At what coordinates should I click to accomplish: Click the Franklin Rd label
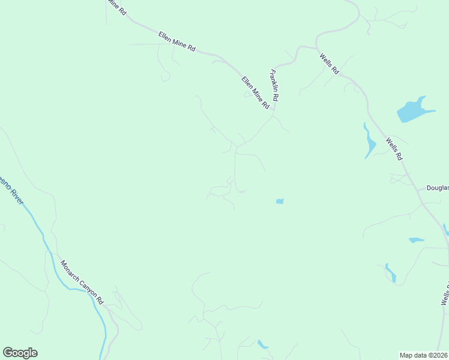click(275, 85)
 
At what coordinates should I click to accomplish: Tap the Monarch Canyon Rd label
click(82, 283)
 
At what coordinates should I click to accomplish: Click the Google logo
click(20, 353)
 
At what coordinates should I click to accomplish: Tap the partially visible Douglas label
click(438, 188)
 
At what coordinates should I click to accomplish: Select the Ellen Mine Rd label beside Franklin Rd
click(256, 92)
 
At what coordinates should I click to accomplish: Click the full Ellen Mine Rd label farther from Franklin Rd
click(177, 41)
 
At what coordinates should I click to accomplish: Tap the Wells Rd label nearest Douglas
click(394, 149)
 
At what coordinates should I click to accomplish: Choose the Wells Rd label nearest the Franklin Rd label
click(330, 64)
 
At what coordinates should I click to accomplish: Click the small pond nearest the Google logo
click(262, 344)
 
